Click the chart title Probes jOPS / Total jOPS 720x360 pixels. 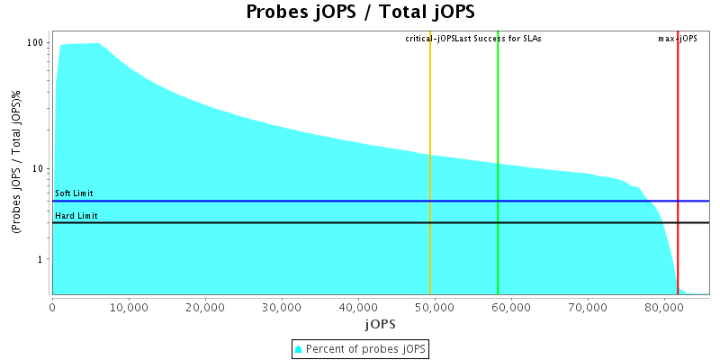(360, 13)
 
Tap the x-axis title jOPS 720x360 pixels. (380, 322)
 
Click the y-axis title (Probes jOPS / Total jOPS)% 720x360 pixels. (17, 167)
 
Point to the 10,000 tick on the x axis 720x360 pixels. (129, 305)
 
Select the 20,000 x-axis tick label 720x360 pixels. (205, 305)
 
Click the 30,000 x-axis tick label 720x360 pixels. (282, 305)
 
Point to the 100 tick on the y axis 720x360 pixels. (37, 43)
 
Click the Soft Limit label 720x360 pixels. (74, 193)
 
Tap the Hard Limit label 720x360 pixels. (76, 216)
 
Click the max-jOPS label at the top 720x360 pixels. (678, 39)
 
